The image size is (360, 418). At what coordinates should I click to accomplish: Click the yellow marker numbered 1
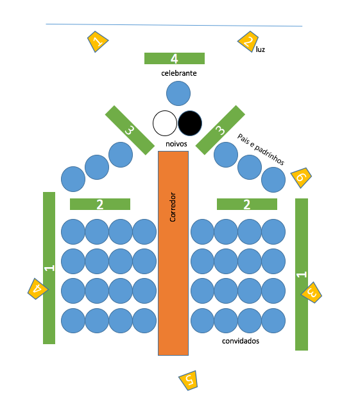pos(98,41)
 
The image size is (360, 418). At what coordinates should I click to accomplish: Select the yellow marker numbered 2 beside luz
pos(248,41)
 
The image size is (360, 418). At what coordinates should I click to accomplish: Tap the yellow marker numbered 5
pos(189,380)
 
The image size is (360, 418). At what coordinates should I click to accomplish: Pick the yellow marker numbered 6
pos(301,178)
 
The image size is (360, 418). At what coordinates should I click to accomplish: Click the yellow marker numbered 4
pos(38,289)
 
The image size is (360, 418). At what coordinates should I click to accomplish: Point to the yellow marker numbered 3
pos(311,293)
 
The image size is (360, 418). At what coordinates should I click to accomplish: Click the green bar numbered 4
pos(175,58)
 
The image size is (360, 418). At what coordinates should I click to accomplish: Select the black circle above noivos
pos(190,123)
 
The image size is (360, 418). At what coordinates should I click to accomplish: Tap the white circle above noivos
pos(165,123)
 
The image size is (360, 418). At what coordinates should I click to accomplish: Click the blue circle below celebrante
pos(178,94)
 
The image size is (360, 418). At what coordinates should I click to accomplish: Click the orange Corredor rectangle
pos(173,253)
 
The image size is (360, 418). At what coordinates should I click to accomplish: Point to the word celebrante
pos(179,73)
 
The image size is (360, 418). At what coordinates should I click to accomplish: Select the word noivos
pos(176,144)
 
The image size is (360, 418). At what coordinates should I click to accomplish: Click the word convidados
pos(241,341)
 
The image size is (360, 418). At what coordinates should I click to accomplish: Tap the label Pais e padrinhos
pos(261,149)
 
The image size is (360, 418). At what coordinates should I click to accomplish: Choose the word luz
pos(261,49)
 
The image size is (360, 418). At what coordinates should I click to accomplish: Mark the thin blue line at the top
pos(174,25)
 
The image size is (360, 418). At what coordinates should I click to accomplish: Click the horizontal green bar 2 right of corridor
pos(247,204)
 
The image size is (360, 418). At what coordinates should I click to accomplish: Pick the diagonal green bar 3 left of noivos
pos(130,130)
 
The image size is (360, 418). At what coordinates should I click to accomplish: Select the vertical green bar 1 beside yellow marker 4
pos(49,268)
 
